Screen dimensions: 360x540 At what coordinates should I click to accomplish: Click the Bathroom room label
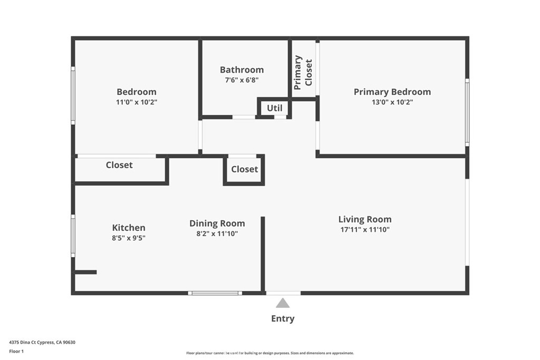[x=242, y=70]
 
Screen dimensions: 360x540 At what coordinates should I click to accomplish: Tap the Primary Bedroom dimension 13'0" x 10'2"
[x=392, y=102]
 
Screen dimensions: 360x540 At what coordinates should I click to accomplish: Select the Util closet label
[x=274, y=108]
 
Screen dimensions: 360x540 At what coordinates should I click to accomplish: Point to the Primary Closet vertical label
[x=303, y=72]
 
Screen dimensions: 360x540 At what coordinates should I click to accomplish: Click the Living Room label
[x=364, y=219]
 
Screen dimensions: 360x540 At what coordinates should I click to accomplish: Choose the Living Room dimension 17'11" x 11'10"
[x=364, y=229]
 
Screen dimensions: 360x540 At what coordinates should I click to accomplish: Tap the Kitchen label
[x=129, y=228]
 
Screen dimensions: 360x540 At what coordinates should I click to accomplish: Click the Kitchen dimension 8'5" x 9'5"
[x=129, y=238]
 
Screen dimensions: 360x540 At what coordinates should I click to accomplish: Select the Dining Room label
[x=217, y=223]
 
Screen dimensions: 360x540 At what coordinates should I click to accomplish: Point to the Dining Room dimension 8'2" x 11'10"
[x=217, y=233]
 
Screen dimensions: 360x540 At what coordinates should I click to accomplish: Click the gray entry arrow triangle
[x=283, y=303]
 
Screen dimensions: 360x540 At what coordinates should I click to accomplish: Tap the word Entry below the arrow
[x=283, y=318]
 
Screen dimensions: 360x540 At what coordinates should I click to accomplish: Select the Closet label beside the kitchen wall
[x=119, y=165]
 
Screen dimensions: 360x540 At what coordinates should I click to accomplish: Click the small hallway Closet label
[x=244, y=169]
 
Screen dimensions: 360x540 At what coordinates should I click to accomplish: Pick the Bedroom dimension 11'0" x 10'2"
[x=136, y=102]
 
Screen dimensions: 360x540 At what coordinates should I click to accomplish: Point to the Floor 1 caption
[x=16, y=351]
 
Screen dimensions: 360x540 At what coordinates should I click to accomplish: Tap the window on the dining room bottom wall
[x=215, y=293]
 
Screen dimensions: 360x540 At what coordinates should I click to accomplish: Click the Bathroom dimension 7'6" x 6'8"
[x=242, y=80]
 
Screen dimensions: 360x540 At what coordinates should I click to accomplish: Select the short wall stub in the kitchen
[x=85, y=272]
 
